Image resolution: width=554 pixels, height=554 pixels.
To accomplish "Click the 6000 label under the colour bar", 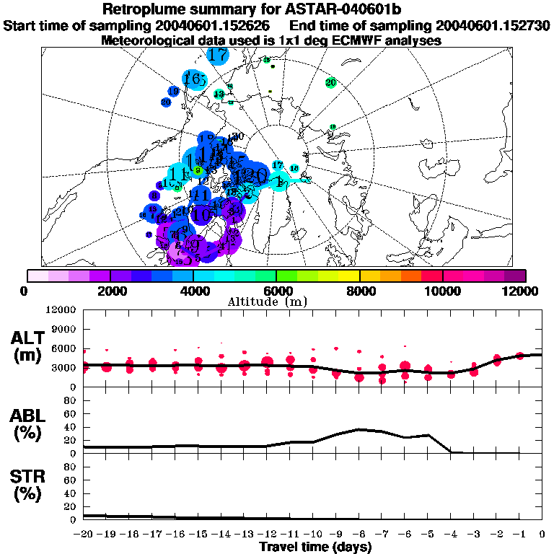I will click(277, 291).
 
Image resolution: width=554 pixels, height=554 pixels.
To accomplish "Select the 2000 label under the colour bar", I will click(110, 291).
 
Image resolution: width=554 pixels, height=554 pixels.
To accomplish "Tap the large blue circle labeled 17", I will click(218, 54).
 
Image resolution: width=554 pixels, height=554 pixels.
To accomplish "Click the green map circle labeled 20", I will click(331, 83).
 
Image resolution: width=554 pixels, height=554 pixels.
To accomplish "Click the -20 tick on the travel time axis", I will click(84, 535).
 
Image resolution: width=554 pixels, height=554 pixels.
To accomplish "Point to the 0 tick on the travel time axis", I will click(542, 535).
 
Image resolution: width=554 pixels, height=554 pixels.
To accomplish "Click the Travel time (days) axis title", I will click(315, 547).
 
